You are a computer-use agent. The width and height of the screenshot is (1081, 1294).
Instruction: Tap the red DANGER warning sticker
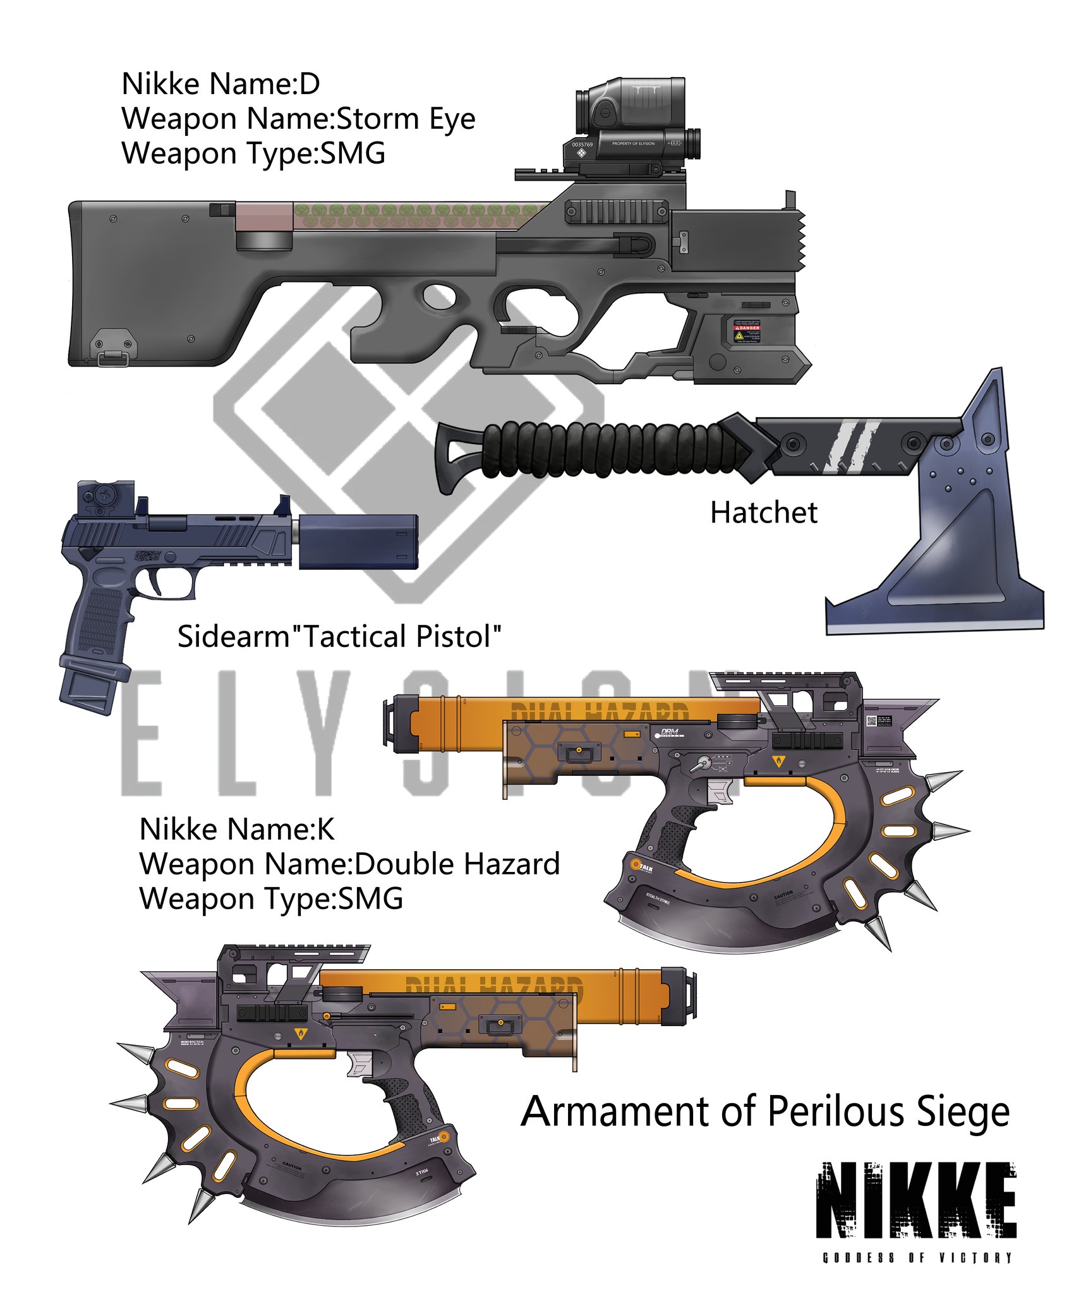coord(746,330)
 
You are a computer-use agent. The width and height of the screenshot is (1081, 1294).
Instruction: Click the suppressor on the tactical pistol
coord(358,541)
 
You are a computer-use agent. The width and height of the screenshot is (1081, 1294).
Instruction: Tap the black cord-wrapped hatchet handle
coord(607,449)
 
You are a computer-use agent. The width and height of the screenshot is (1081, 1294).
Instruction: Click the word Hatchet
coord(763,512)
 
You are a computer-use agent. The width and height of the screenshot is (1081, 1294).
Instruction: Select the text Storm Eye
coord(405,118)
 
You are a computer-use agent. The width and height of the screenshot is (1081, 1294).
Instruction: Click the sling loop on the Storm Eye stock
coord(112,358)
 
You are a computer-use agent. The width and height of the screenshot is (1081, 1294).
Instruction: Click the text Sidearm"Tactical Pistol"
coord(339,636)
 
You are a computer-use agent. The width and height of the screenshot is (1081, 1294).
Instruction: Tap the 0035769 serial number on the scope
coord(582,145)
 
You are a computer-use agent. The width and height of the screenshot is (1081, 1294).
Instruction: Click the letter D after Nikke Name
coord(310,83)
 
